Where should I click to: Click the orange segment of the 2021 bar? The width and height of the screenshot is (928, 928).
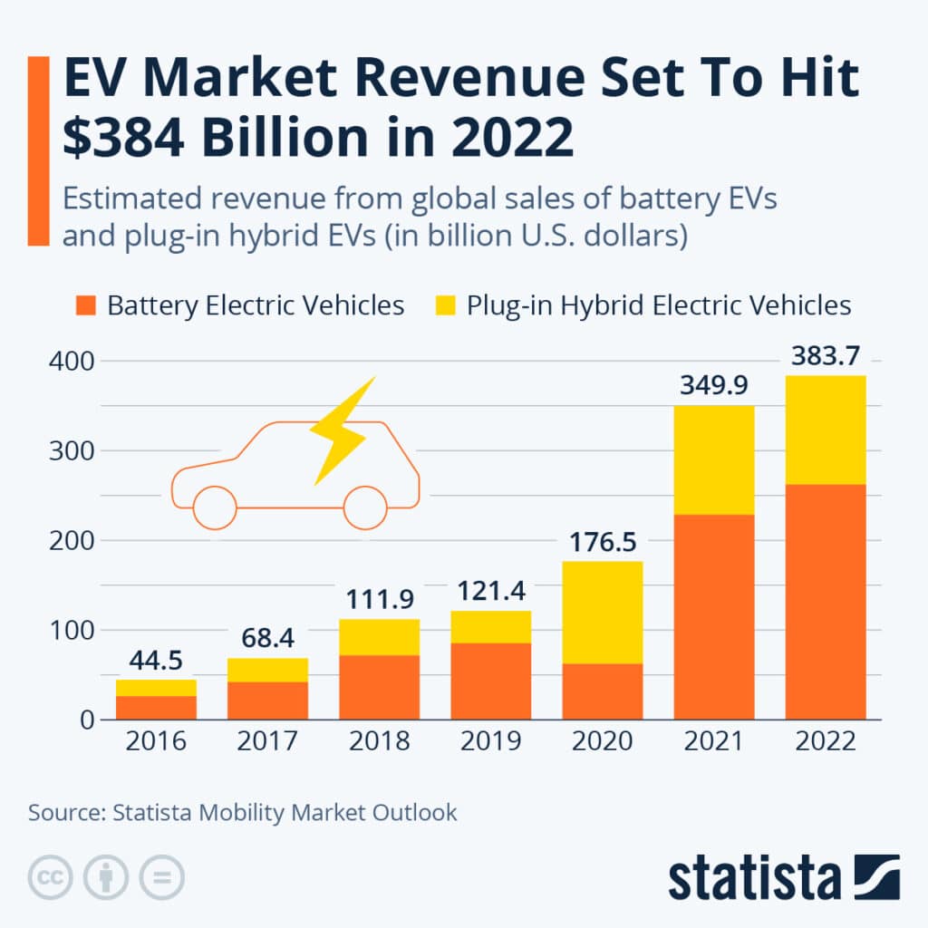click(x=714, y=616)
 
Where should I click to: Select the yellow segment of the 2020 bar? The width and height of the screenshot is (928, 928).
click(x=603, y=612)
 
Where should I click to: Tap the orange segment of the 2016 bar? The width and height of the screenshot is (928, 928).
click(x=156, y=707)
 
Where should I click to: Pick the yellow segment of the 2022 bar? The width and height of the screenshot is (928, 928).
click(x=826, y=430)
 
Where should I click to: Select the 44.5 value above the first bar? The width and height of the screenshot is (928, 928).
click(x=156, y=661)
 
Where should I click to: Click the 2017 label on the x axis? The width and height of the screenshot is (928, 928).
click(x=267, y=741)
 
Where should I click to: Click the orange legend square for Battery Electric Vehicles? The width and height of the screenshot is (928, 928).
click(x=85, y=305)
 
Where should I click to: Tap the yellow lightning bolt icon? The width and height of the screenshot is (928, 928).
click(x=343, y=430)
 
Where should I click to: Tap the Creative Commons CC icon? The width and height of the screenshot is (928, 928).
click(x=51, y=877)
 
